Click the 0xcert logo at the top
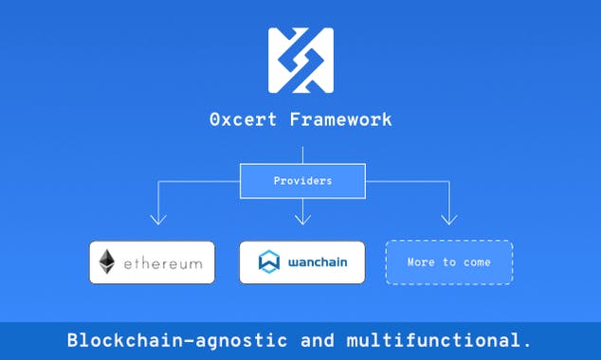300,61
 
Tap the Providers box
302,180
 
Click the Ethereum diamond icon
107,262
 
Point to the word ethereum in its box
162,263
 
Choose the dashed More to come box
448,262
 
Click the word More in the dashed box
422,262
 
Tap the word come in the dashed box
476,262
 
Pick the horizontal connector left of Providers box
199,180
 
